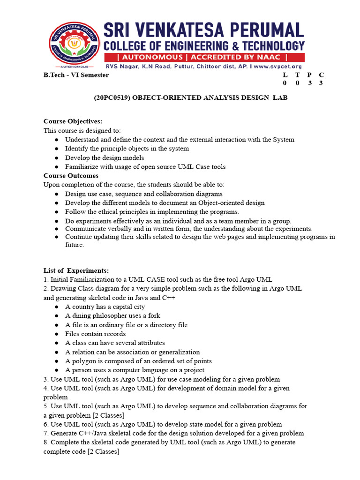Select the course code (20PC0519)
[x=112, y=97]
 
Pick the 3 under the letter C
[x=321, y=83]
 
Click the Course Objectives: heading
[x=73, y=121]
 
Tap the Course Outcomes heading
[x=71, y=176]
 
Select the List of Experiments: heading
[x=76, y=271]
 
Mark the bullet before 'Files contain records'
[x=56, y=334]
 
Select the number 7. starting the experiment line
[x=46, y=433]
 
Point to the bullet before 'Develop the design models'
[x=56, y=158]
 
